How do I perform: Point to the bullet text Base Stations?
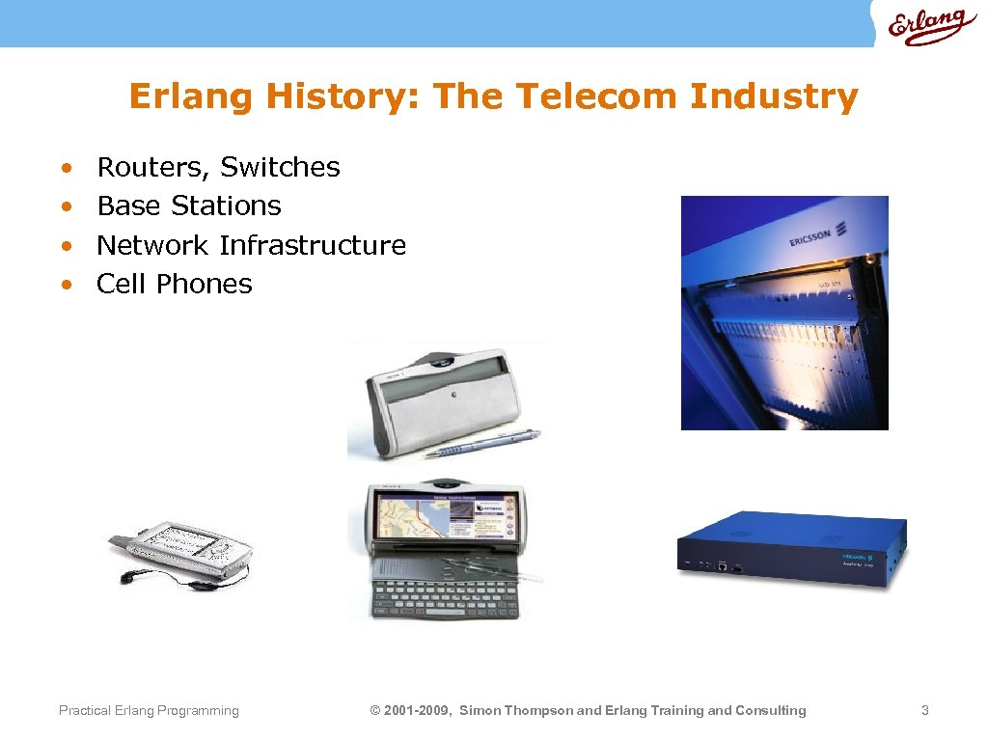click(x=189, y=206)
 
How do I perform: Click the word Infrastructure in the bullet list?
click(x=313, y=245)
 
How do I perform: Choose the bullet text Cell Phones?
click(x=175, y=284)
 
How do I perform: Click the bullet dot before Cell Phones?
click(x=65, y=285)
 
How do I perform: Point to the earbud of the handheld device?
click(x=126, y=578)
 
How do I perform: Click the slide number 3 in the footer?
click(x=924, y=711)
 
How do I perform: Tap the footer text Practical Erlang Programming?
click(x=149, y=711)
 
